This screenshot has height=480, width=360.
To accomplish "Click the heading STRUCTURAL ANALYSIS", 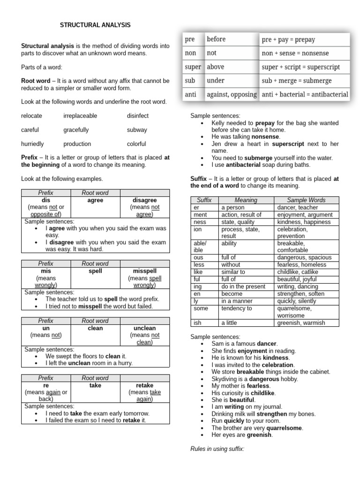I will [95, 25].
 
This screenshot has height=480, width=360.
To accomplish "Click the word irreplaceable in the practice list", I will [80, 115].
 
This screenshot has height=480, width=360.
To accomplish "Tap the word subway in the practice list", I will [137, 130].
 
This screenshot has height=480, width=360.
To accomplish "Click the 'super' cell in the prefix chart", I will [193, 67].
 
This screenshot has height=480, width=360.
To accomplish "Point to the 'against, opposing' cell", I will [232, 94].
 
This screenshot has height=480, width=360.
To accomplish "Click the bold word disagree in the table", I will [144, 200].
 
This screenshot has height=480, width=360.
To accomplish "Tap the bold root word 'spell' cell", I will [95, 271].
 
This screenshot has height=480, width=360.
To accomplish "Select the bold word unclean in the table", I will [144, 328].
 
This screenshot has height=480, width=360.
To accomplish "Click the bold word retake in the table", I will [144, 385].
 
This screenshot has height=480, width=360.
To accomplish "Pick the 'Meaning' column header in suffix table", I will [246, 200].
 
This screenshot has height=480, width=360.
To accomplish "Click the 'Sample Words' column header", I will [306, 200].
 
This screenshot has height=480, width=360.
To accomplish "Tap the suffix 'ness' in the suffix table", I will [200, 222].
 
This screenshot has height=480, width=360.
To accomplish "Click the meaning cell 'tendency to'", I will [237, 308].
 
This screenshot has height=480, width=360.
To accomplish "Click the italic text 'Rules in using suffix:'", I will [217, 449].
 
